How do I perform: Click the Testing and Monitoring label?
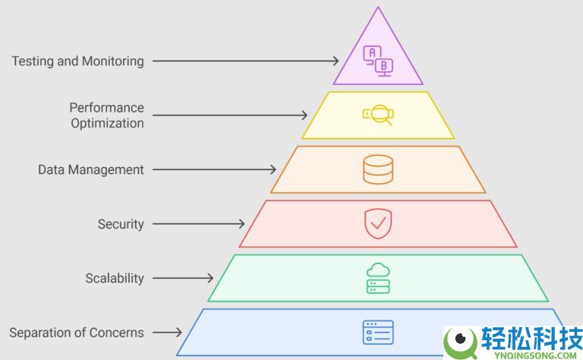coord(77,61)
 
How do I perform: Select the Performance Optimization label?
coord(106,115)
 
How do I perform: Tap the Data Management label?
coord(90,169)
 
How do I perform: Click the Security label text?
coord(121,224)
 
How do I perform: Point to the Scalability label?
coord(114,278)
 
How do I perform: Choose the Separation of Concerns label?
coord(77,332)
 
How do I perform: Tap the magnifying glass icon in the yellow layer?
coord(377,115)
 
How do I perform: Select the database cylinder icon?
coord(377,169)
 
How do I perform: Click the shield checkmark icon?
coord(377,223)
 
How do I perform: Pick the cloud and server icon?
coord(377,278)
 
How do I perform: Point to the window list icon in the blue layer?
coord(377,333)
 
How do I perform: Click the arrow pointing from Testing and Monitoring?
coord(244,61)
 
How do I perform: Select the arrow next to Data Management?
coord(213,169)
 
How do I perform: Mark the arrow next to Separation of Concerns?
coord(167,332)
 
